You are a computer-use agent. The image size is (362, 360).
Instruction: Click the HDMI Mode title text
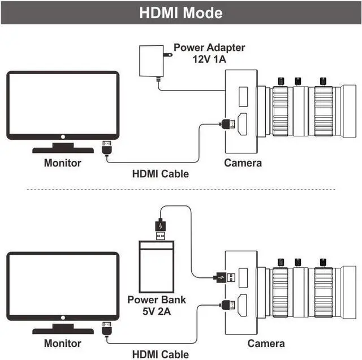pos(181,12)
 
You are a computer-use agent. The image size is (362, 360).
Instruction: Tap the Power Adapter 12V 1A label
pos(209,53)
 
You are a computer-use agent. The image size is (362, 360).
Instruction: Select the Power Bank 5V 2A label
pos(157,306)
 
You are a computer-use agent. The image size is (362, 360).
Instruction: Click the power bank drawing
pos(157,267)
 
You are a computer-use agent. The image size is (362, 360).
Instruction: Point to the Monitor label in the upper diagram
pos(63,163)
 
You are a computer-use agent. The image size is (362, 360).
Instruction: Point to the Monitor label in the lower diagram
pos(63,344)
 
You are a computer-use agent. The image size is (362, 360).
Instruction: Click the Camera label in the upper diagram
pos(243,163)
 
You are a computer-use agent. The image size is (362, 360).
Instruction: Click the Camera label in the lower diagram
pos(266,344)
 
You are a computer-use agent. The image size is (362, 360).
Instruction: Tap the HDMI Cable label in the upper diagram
pos(161,174)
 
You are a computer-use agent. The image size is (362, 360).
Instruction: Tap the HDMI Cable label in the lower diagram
pos(161,354)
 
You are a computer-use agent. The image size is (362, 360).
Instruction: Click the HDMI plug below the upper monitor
pos(107,147)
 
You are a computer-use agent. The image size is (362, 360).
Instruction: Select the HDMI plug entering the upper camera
pos(228,124)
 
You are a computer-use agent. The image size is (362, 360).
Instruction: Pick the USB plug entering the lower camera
pos(226,277)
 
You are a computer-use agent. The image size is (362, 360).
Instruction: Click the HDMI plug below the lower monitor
pos(107,328)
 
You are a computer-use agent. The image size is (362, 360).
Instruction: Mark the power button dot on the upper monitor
pos(63,137)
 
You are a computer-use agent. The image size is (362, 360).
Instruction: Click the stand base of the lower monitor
pos(63,331)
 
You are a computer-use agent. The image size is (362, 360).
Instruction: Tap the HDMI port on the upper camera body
pos(243,124)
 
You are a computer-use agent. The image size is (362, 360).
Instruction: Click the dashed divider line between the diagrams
pos(181,189)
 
